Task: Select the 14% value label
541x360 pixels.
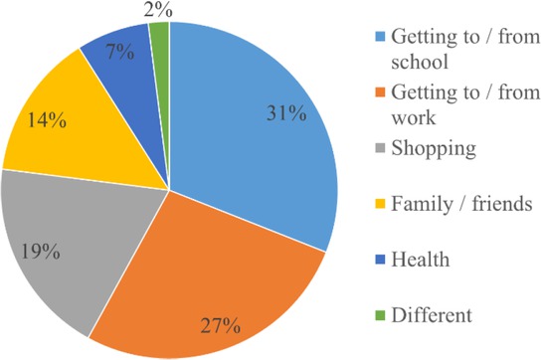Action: click(48, 121)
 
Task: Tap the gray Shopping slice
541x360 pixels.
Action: click(80, 239)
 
